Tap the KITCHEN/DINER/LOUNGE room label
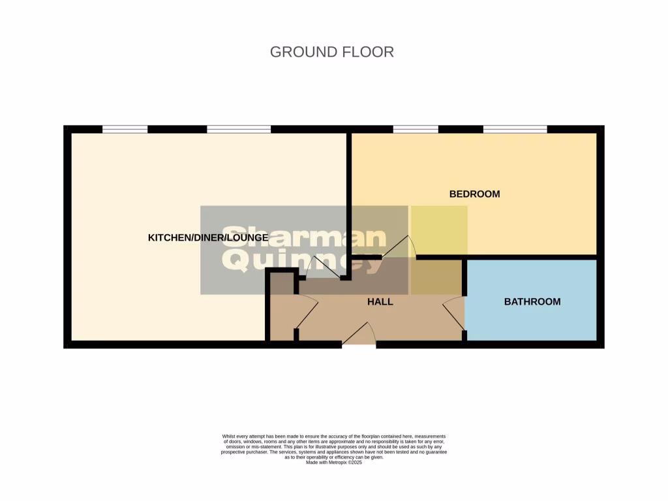pyautogui.click(x=207, y=238)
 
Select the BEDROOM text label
pyautogui.click(x=474, y=194)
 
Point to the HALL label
pyautogui.click(x=380, y=301)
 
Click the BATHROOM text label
pyautogui.click(x=532, y=301)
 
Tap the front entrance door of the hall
pyautogui.click(x=359, y=335)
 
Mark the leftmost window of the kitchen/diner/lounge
pyautogui.click(x=125, y=129)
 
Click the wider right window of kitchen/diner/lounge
pyautogui.click(x=239, y=129)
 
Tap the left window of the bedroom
pyautogui.click(x=416, y=129)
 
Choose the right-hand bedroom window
pyautogui.click(x=515, y=129)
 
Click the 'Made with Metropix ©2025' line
pyautogui.click(x=334, y=462)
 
